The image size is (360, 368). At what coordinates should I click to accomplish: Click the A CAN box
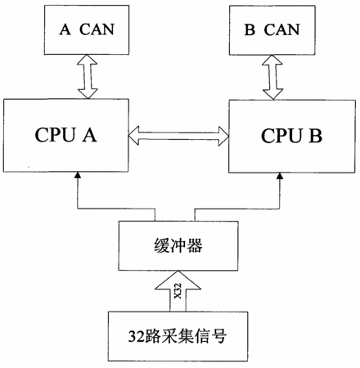(x=87, y=29)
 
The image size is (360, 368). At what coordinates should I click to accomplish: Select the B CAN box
(x=272, y=30)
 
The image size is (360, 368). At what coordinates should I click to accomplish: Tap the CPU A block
(x=65, y=135)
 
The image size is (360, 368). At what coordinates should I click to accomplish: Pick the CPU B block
(x=292, y=136)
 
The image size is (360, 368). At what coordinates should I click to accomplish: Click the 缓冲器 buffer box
(x=178, y=245)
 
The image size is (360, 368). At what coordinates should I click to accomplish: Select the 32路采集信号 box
(x=178, y=336)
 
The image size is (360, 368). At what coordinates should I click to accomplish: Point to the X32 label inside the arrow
(x=178, y=291)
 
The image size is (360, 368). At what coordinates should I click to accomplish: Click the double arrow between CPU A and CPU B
(x=178, y=136)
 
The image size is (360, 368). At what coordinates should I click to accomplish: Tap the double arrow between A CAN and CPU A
(x=88, y=77)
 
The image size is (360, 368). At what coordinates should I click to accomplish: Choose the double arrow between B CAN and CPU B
(x=272, y=78)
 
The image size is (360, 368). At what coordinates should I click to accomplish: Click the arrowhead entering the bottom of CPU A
(x=78, y=175)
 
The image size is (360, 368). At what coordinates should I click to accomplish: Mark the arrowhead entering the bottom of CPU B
(x=280, y=176)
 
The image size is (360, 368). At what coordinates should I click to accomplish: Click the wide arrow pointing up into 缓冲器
(x=178, y=291)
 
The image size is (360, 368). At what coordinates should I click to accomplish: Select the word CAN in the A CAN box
(x=97, y=29)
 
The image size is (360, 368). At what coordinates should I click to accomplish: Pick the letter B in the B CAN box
(x=250, y=29)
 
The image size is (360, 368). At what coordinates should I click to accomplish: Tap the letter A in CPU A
(x=90, y=135)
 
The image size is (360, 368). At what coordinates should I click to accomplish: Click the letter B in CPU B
(x=315, y=136)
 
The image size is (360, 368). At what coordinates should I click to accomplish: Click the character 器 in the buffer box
(x=195, y=245)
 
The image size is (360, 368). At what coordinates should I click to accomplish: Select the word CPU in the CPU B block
(x=282, y=136)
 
